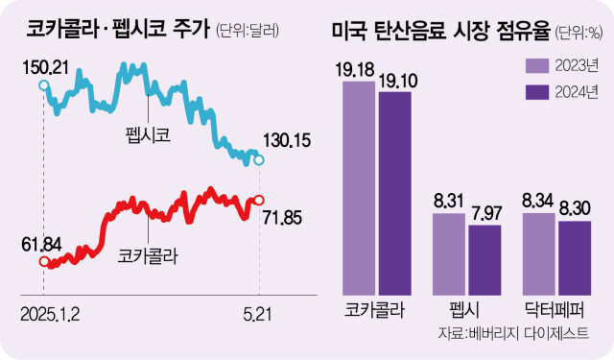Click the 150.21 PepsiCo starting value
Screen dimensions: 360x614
pos(47,66)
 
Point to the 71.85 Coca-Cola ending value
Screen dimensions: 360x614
pos(281,217)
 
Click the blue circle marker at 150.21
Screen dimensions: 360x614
pos(43,85)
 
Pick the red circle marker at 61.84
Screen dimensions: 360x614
pos(43,261)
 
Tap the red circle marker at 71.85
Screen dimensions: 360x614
pos(258,200)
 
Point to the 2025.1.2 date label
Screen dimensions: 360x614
pos(52,313)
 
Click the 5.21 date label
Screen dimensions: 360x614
pos(258,313)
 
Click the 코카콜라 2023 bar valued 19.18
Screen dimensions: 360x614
pos(359,187)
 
